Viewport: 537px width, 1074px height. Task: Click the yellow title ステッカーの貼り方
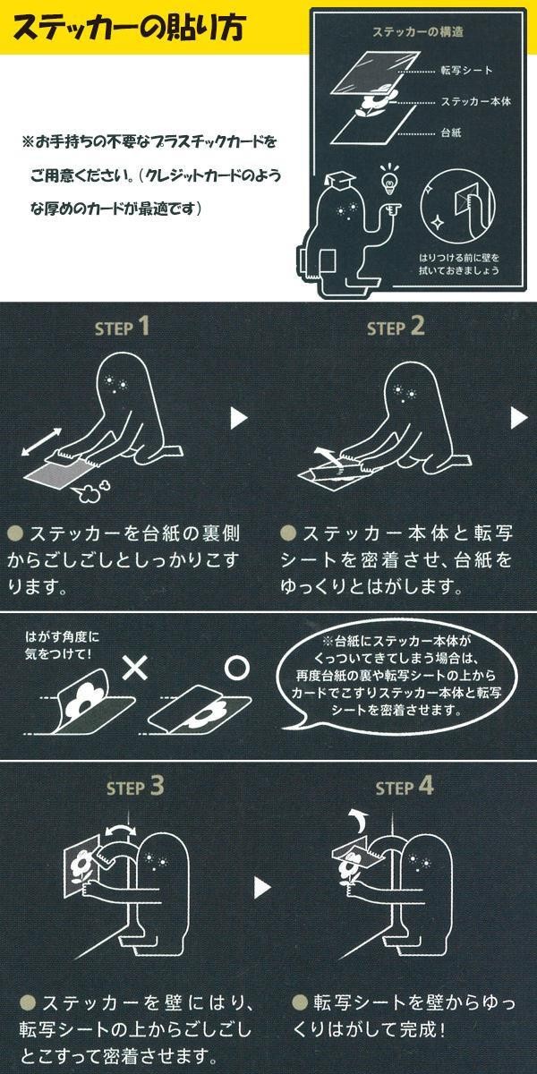[130, 28]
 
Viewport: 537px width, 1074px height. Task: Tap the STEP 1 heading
[123, 327]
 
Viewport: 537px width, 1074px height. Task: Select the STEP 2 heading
[396, 327]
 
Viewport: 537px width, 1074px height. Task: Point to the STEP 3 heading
[135, 787]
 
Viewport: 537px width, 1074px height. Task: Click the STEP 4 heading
[405, 787]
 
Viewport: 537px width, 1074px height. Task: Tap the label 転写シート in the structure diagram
[466, 71]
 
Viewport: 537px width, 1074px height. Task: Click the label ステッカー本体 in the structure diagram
[476, 102]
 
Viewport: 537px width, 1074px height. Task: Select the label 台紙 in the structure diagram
[451, 132]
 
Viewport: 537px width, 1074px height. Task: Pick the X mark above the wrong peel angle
[135, 668]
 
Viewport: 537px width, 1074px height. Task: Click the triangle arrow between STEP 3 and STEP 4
[261, 888]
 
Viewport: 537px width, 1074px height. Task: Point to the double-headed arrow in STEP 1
[42, 442]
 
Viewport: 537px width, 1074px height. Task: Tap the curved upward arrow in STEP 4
[356, 821]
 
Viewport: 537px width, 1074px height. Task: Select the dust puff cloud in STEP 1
[90, 491]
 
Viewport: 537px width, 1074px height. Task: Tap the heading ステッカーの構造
[418, 32]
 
